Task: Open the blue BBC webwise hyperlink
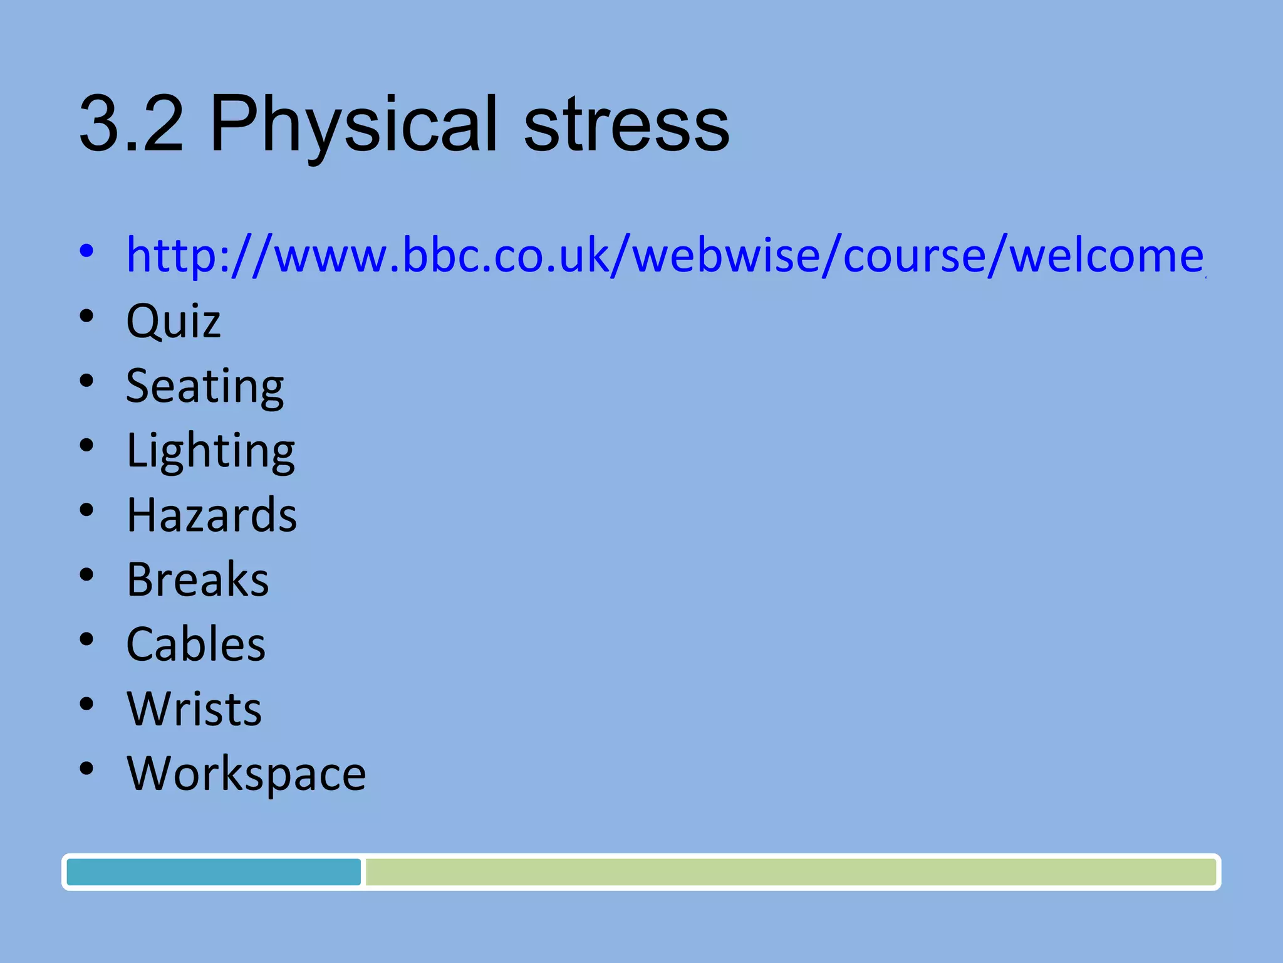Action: (x=664, y=255)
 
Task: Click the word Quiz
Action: (x=174, y=321)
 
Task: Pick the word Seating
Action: (x=205, y=386)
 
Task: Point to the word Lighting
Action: (x=210, y=451)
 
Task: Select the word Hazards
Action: (x=212, y=515)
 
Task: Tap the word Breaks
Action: (x=197, y=579)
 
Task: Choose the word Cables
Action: (x=196, y=645)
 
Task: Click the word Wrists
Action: (x=194, y=709)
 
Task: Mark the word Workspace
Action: (x=246, y=774)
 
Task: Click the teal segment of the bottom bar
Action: (x=214, y=872)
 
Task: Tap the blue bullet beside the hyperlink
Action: (x=86, y=251)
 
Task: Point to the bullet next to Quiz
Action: (x=86, y=316)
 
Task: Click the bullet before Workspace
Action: (x=86, y=769)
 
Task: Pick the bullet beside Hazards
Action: (x=86, y=510)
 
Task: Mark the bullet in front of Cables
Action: (x=86, y=639)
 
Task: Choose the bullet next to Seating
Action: (x=86, y=381)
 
